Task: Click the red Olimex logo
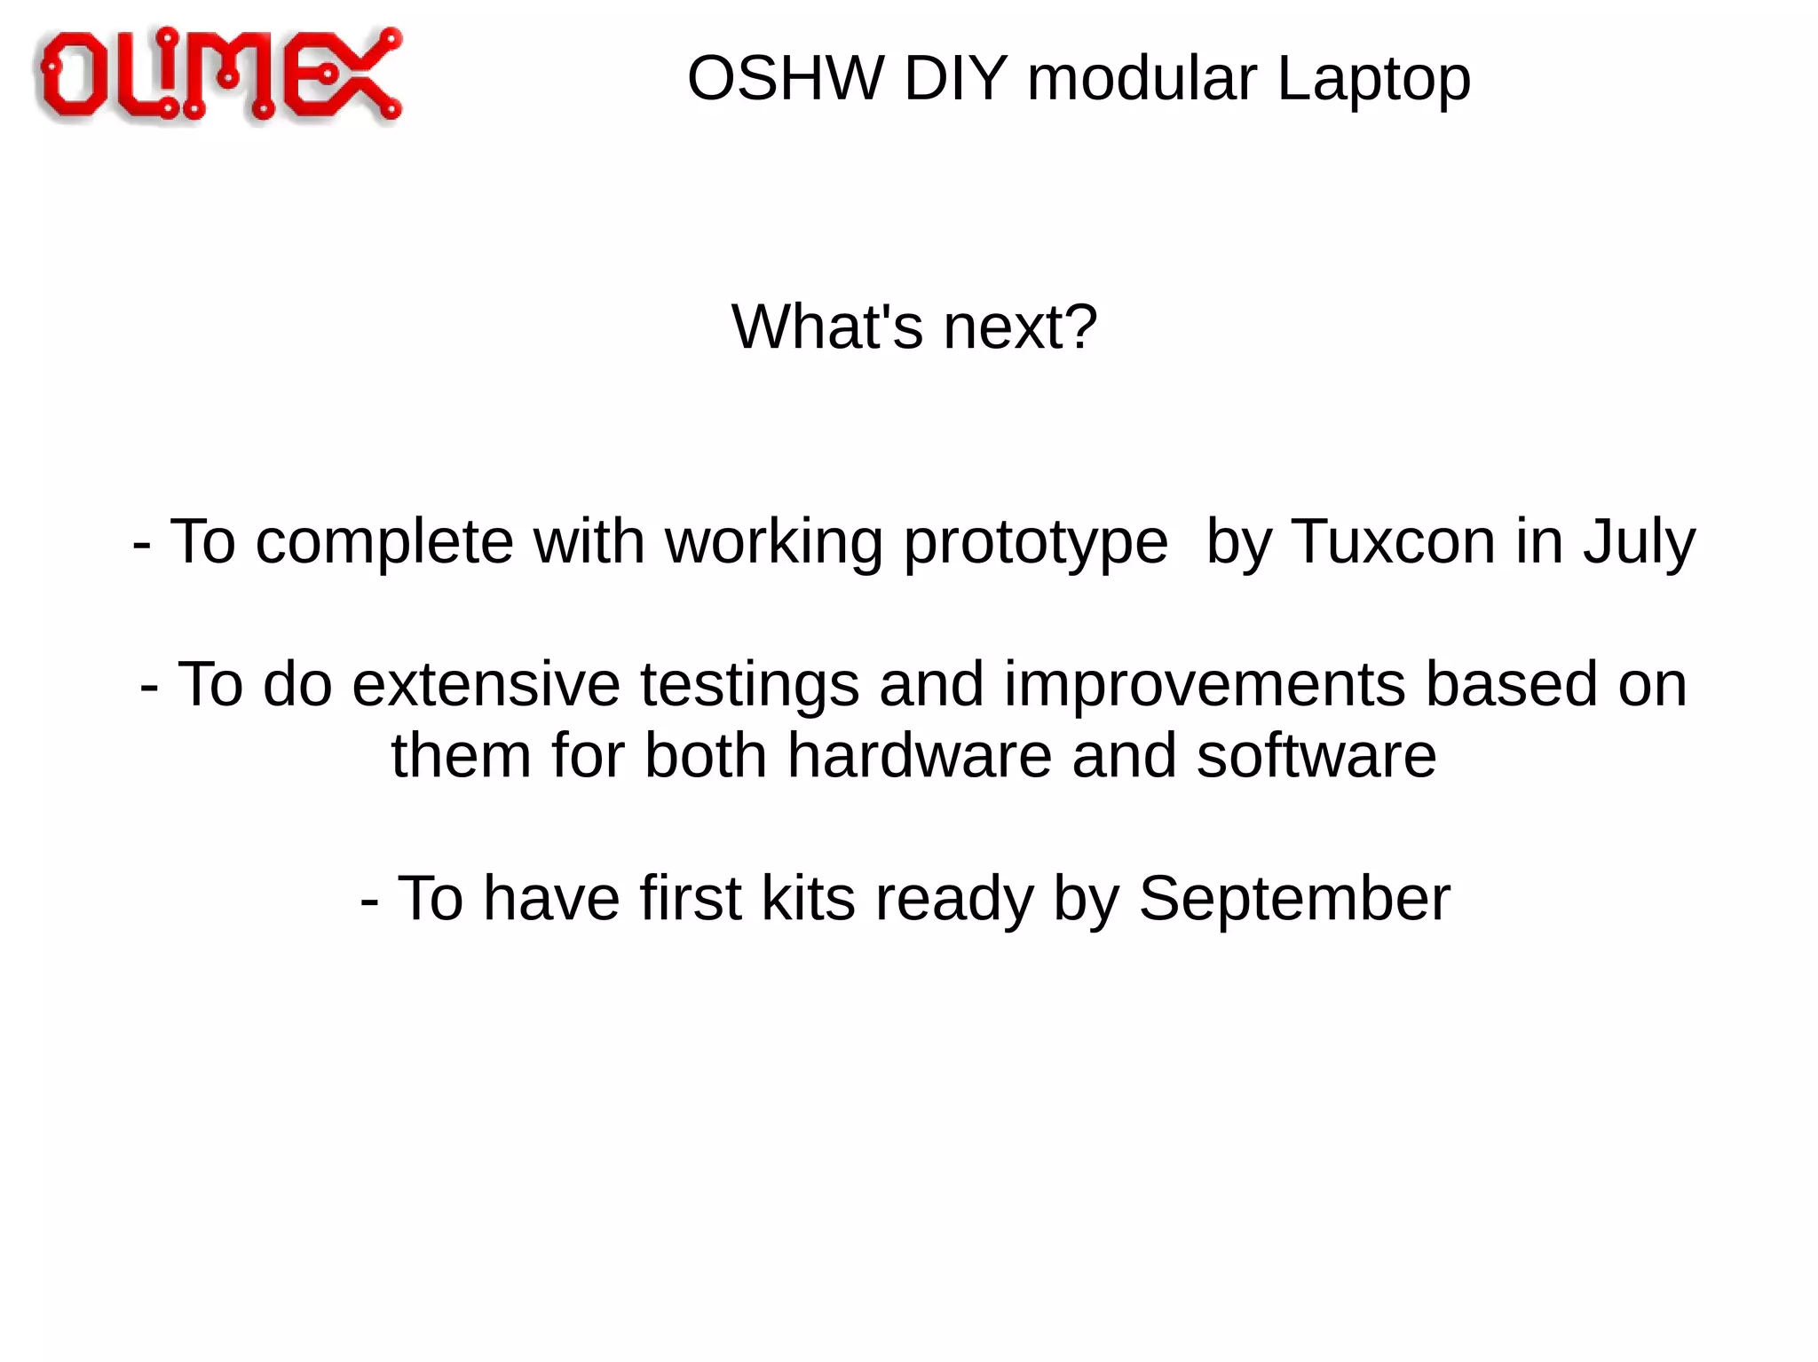219,75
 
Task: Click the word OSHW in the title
785,79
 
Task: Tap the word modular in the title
1142,79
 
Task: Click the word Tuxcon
1393,541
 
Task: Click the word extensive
486,685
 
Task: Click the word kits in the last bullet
807,899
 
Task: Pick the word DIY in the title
954,79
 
